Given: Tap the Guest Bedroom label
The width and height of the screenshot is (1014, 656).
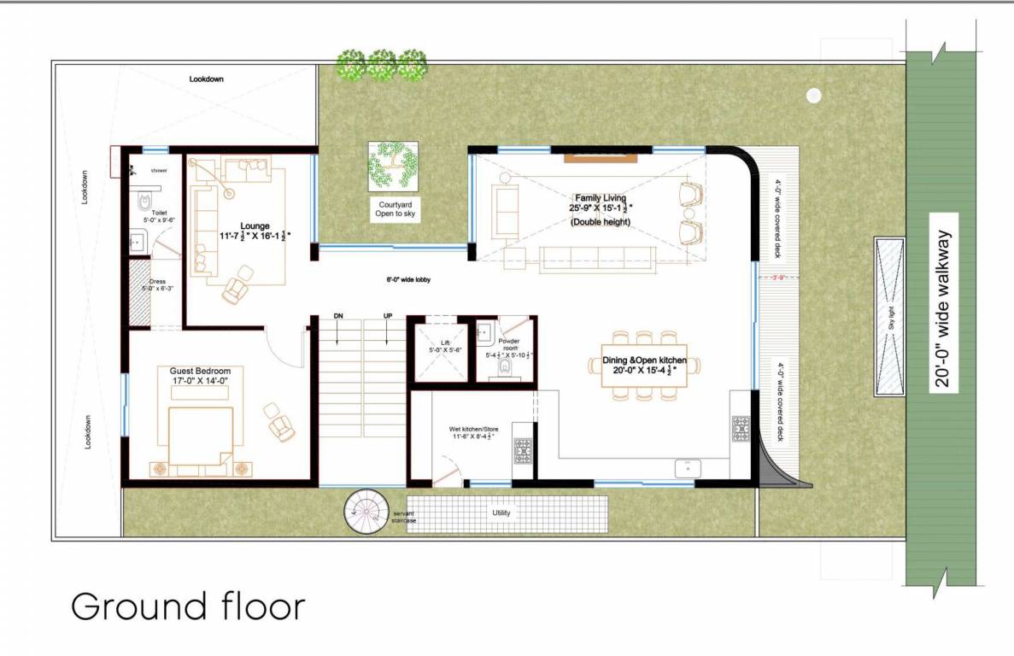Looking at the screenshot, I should pos(200,377).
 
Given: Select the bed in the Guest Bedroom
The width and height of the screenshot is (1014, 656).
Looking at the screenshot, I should pos(201,436).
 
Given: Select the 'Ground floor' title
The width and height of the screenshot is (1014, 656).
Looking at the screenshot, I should pos(188,606).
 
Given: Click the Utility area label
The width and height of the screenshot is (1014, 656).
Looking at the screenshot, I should pos(501,513).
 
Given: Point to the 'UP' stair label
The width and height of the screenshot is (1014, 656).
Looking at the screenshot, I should pos(388,316).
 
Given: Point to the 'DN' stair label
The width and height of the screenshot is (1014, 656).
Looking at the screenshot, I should pos(338,316).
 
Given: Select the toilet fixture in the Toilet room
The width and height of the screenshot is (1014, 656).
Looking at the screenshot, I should pos(144,202).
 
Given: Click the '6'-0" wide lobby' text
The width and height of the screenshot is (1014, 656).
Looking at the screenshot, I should pos(406,280).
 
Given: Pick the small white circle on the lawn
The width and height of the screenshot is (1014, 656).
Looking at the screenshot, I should pos(813,96).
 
